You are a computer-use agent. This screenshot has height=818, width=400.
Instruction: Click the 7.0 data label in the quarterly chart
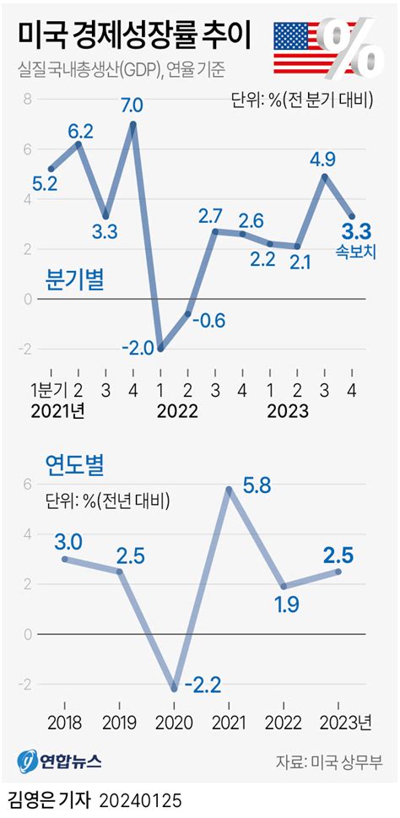pyautogui.click(x=132, y=106)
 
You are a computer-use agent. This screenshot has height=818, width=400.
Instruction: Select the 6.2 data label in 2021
pyautogui.click(x=79, y=130)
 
